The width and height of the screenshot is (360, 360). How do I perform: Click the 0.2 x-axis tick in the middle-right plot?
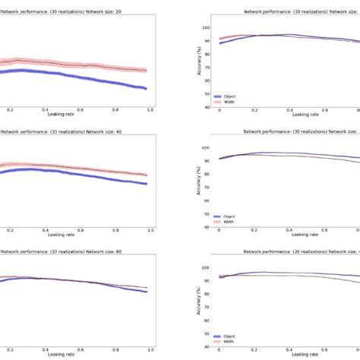[254, 229]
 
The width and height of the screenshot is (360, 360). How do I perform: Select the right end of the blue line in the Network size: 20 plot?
[146, 89]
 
